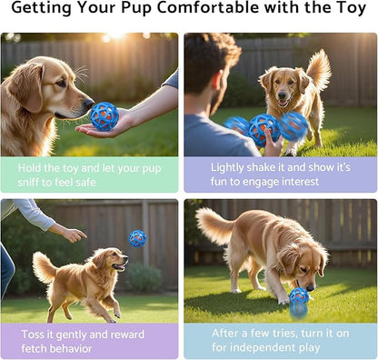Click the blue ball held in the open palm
pos(104,115)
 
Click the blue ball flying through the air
pos(137,238)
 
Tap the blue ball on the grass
pos(299,298)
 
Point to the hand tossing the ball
pos(70,234)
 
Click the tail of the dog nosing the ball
pos(214,225)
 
